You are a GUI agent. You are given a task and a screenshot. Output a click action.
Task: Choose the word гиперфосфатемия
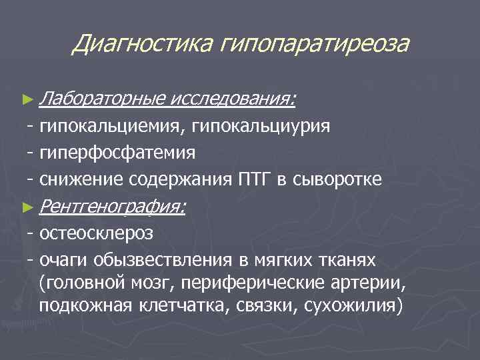[117, 153]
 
